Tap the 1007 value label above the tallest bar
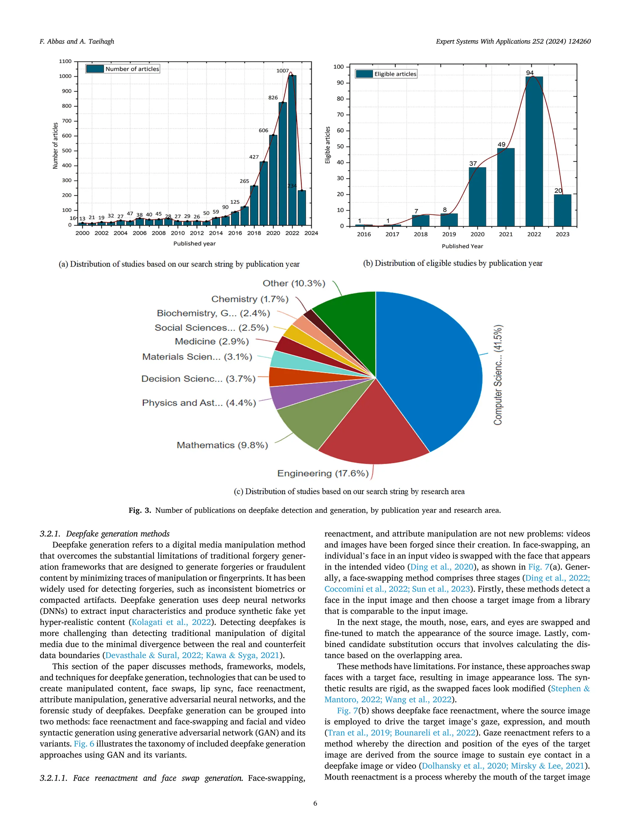pos(282,71)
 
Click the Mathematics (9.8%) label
pos(222,445)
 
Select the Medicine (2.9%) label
pos(212,341)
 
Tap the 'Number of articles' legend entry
pos(123,69)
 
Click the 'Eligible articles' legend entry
pos(386,74)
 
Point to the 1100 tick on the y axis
pos(65,61)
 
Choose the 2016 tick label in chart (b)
pos(364,234)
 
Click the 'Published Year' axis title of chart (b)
pos(462,246)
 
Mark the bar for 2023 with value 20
pos(562,210)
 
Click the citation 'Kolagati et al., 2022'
pos(171,622)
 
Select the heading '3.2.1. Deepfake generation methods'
pos(105,534)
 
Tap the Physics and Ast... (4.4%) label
pos(199,402)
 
